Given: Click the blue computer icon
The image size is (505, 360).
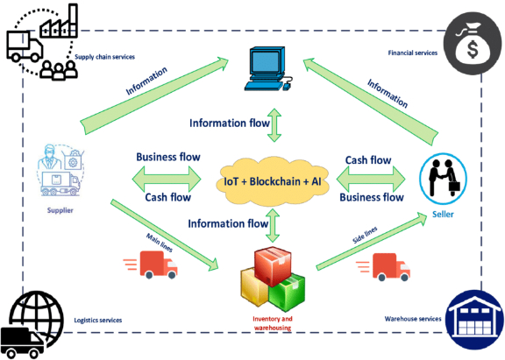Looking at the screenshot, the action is coord(267,68).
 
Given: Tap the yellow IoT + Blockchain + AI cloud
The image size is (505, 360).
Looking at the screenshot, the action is coord(273,181).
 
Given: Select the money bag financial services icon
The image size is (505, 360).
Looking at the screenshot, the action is coord(473,44).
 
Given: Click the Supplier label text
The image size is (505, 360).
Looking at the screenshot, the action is coord(60,210).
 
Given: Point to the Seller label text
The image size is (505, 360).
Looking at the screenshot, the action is coord(443,215).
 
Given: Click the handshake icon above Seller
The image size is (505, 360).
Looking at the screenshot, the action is coord(443,179).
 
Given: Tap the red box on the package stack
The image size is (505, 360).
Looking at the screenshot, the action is coord(274,265).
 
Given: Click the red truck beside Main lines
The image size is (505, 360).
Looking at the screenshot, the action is coord(151,265).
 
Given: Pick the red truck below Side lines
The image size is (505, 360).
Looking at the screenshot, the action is coord(383,267).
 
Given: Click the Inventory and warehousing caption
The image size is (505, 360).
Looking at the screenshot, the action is coord(273,323).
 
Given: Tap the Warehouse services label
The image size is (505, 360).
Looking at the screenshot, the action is coord(413,319).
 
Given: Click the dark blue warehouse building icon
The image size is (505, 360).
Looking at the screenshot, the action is coord(474,320).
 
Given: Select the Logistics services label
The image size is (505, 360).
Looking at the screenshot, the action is coord(98,320).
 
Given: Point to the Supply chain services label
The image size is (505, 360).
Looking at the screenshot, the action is coord(104,57).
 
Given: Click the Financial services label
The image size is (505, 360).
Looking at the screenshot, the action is coord(413,53).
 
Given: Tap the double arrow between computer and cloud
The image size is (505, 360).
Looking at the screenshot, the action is coord(274,125).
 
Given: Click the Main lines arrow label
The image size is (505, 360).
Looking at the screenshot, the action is coord(160,243).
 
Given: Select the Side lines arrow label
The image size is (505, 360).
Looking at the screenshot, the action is coord(365,235).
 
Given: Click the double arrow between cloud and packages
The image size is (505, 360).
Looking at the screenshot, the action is coord(274,225).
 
